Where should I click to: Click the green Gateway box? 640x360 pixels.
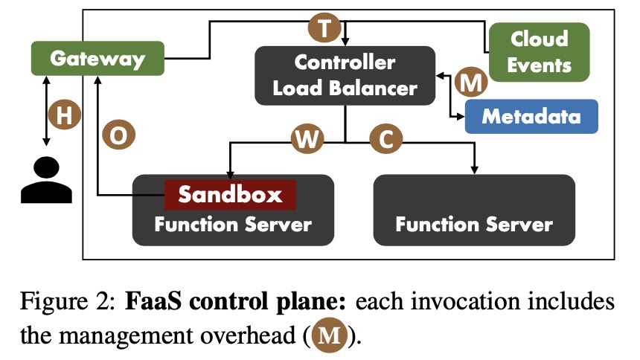click(97, 58)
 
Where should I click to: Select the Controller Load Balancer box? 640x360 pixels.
click(345, 76)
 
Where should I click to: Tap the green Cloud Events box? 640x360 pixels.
click(540, 52)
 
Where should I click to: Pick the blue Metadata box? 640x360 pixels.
click(531, 116)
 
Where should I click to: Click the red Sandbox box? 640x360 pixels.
click(230, 195)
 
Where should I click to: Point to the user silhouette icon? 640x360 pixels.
click(46, 180)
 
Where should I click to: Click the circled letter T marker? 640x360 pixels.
click(324, 28)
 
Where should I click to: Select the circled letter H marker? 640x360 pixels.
click(65, 115)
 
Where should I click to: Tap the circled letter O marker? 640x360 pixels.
click(119, 135)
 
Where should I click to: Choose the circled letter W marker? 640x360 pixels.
click(307, 139)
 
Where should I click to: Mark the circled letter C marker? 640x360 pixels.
click(385, 139)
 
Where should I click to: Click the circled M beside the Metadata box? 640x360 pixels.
click(471, 82)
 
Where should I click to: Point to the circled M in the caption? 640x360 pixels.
click(329, 335)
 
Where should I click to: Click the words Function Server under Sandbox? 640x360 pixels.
click(233, 225)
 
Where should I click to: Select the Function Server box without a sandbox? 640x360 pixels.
click(474, 210)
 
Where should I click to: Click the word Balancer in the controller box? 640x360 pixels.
click(373, 89)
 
